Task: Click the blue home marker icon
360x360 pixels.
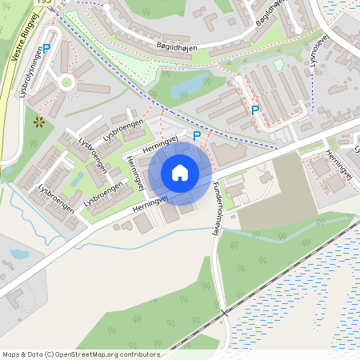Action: [180, 173]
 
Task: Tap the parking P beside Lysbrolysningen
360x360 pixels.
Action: [46, 49]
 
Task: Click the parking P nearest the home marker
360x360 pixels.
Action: [197, 137]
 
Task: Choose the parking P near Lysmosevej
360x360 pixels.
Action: [255, 110]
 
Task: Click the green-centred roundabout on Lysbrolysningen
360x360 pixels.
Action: [66, 82]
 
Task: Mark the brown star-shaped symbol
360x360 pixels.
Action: [39, 122]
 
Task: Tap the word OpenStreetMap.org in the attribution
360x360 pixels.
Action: [88, 354]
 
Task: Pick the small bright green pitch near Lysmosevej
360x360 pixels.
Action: [278, 65]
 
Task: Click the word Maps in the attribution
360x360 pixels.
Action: [12, 354]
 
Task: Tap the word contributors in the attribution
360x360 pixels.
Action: [137, 354]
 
